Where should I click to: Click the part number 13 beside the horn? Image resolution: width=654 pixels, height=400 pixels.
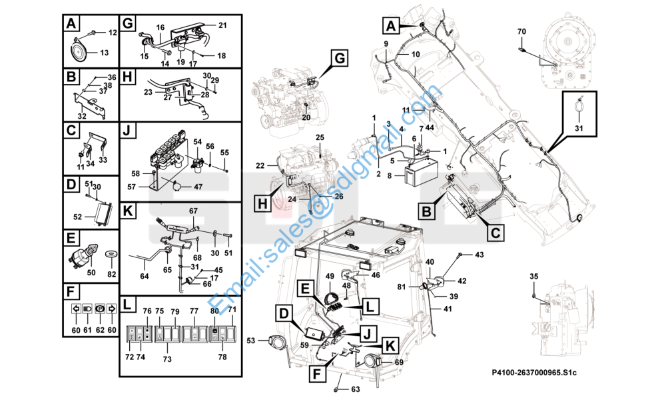point(104,53)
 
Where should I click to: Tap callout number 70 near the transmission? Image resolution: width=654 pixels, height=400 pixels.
point(521,31)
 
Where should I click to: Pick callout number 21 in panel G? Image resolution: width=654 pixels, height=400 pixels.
point(222,25)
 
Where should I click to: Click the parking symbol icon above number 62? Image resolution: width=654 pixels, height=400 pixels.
point(99,309)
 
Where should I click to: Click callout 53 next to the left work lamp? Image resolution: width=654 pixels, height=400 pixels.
point(250,341)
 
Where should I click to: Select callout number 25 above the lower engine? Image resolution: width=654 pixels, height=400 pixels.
point(320,137)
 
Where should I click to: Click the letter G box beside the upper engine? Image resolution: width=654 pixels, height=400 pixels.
point(338,59)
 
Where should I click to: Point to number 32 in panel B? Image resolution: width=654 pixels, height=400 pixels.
point(81,116)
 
